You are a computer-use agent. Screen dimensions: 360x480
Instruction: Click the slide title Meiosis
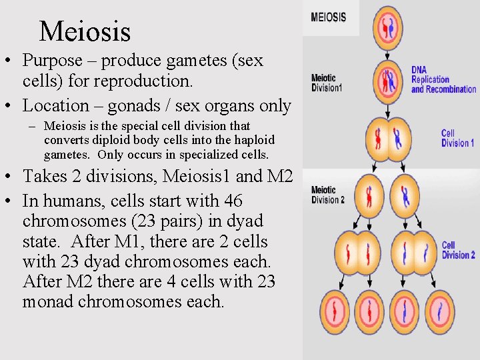pos(85,31)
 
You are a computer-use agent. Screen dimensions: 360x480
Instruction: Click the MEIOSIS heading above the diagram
pos(328,17)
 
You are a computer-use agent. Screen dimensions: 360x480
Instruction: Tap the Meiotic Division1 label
pos(326,83)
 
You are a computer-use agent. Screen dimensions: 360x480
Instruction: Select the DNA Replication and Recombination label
pos(443,79)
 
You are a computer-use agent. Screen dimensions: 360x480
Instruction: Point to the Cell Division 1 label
pos(457,138)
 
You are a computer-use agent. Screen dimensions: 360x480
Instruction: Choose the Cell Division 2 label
pos(458,250)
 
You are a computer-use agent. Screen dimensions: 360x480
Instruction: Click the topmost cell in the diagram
pos(388,28)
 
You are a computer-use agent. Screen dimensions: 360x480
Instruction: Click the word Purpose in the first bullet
pos(52,60)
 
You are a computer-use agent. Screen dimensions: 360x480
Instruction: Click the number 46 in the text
pos(233,201)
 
